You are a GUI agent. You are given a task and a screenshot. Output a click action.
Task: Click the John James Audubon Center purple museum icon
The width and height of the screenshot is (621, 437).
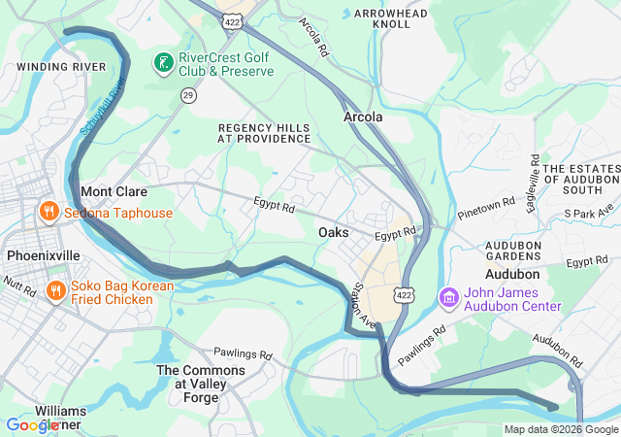[x=449, y=296]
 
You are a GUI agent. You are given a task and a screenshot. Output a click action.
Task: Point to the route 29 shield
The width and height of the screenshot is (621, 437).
[x=187, y=94]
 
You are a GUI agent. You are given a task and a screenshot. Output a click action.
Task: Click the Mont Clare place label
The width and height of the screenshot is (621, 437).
[x=114, y=192]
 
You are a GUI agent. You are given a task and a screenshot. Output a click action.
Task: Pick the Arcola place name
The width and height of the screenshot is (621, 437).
[x=363, y=117]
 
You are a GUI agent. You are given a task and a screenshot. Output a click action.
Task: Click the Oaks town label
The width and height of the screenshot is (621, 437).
[x=334, y=233]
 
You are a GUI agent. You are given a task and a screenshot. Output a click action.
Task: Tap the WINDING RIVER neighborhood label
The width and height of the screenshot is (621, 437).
[x=61, y=66]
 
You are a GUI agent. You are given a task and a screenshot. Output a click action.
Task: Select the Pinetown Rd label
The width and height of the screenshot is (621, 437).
[x=486, y=208]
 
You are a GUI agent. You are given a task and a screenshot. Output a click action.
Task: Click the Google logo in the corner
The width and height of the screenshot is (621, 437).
[x=33, y=425]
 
